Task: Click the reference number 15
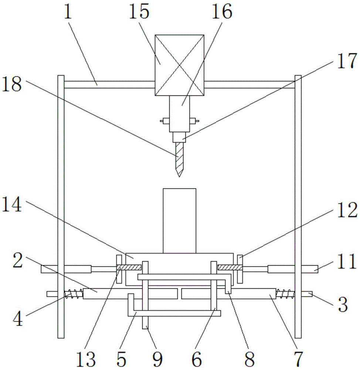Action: [139, 13]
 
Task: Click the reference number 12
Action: [347, 211]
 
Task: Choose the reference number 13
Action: [88, 359]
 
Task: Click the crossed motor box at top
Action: [180, 65]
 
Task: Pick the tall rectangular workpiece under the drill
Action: [179, 221]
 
